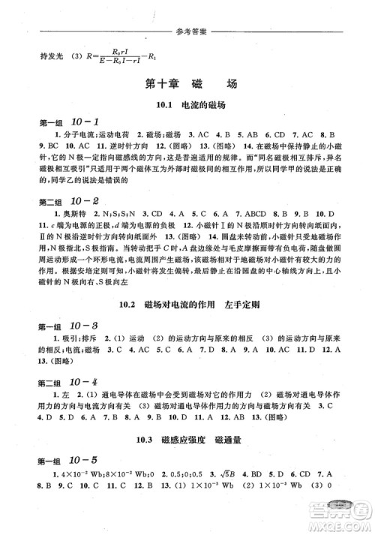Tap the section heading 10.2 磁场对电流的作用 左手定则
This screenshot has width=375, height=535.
click(188, 305)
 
